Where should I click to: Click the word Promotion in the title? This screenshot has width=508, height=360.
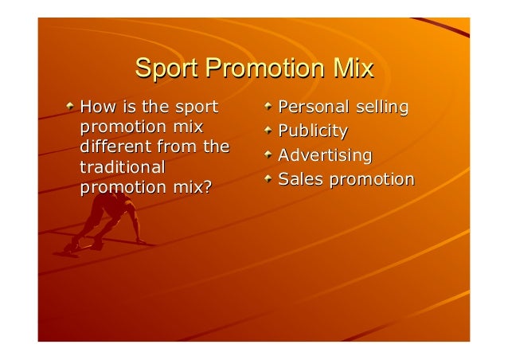point(262,69)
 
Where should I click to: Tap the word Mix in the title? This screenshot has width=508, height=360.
point(353,69)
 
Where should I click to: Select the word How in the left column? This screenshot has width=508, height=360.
point(97,107)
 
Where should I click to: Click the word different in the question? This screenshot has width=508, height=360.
point(113,147)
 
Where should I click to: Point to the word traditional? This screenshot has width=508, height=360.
point(123,168)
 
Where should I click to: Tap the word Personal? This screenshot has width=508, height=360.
point(313,107)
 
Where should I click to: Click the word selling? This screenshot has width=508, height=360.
point(381,107)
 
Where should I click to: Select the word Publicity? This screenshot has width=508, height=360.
point(313,131)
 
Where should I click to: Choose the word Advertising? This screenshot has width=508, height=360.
point(325,155)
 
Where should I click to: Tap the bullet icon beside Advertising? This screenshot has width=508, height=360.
point(269,154)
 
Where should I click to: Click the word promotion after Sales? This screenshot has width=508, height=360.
point(372,179)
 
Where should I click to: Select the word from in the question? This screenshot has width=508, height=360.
point(179,147)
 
